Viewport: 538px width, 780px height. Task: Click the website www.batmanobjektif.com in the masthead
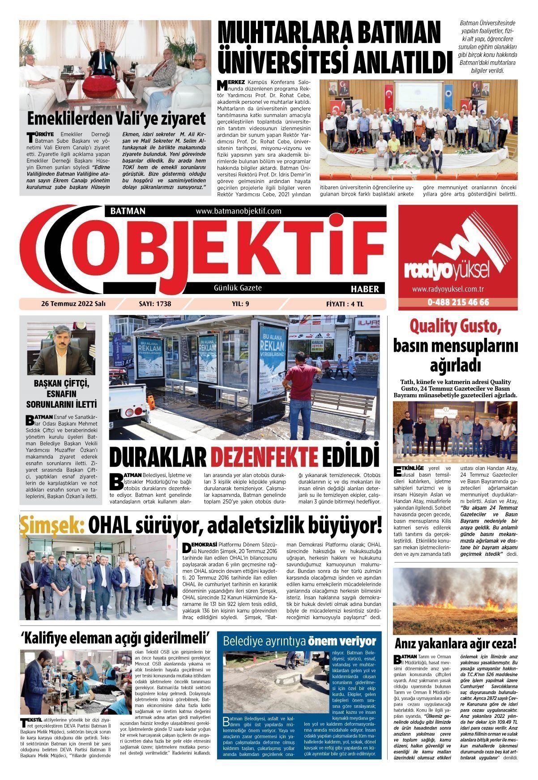coord(238,211)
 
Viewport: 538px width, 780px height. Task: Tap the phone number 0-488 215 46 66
coord(458,302)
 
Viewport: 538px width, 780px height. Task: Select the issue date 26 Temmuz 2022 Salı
coord(73,304)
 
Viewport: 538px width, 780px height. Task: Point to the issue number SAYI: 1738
coord(155,304)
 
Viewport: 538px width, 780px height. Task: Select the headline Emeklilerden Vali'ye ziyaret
coord(116,119)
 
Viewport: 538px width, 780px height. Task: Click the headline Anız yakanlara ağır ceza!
coord(455,644)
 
